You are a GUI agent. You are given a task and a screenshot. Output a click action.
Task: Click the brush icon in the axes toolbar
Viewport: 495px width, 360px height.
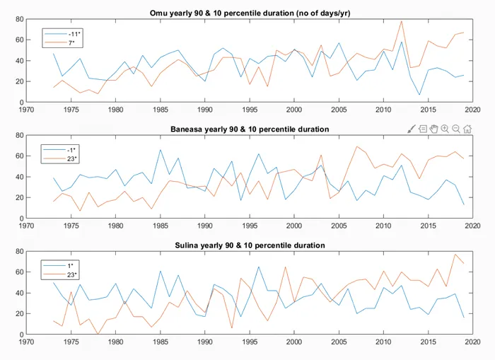point(412,128)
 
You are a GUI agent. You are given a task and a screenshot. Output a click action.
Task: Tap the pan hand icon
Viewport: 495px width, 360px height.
point(433,128)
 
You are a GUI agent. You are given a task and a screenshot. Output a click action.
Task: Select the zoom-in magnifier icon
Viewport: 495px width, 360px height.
point(445,128)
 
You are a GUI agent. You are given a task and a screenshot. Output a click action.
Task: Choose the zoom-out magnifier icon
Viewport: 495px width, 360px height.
point(456,128)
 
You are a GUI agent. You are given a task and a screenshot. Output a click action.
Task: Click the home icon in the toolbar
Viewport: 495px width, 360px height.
point(467,128)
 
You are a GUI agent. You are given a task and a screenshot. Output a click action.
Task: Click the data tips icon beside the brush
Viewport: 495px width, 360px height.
point(422,128)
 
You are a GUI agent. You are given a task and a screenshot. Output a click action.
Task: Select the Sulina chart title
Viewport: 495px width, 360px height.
point(249,245)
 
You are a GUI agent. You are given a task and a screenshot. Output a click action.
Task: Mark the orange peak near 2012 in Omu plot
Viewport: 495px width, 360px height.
point(402,21)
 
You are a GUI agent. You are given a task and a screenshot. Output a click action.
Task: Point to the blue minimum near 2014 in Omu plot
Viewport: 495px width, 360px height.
point(419,95)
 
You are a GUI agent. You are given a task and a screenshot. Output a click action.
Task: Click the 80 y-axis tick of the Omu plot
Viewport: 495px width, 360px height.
point(20,19)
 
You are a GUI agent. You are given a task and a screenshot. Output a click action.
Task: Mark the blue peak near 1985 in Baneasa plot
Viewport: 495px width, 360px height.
point(161,150)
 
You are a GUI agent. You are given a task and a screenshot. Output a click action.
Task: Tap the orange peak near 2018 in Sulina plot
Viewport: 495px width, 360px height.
point(455,254)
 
